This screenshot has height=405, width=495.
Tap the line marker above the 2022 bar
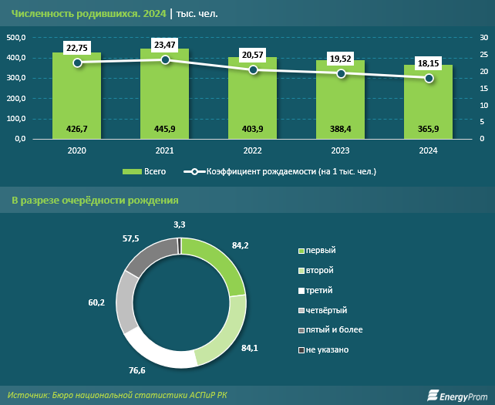point(253,70)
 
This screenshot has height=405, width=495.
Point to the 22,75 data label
point(77,47)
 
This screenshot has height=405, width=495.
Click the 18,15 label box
point(429,62)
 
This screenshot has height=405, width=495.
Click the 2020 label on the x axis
point(77,150)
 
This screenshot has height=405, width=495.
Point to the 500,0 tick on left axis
point(17,38)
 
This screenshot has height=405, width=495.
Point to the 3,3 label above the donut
point(179,224)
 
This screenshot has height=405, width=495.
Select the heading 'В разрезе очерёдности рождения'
point(96,201)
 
